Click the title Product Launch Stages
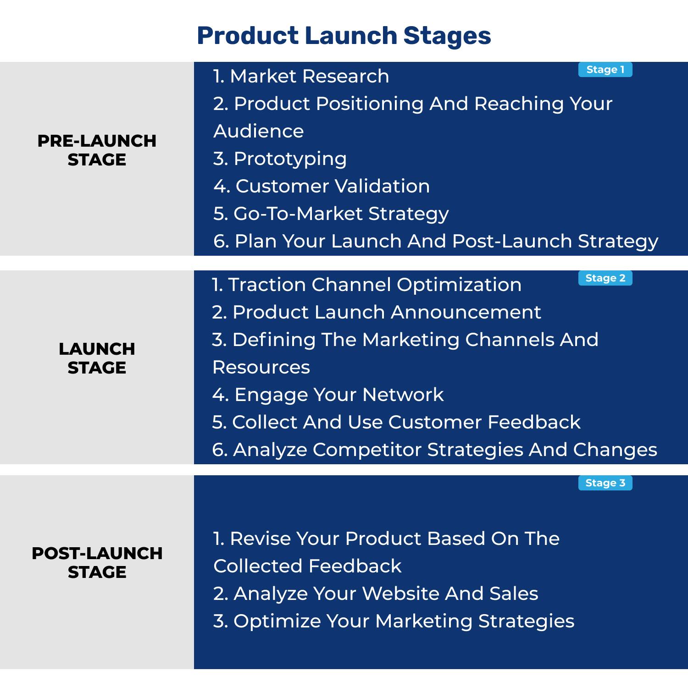pyautogui.click(x=344, y=36)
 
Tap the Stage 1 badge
pyautogui.click(x=605, y=70)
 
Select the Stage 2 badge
pyautogui.click(x=605, y=278)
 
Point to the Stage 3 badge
pyautogui.click(x=605, y=483)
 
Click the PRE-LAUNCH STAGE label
pyautogui.click(x=97, y=150)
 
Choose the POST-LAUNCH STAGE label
pyautogui.click(x=97, y=562)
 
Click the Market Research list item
pyautogui.click(x=301, y=76)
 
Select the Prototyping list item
pyautogui.click(x=280, y=159)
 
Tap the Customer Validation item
pyautogui.click(x=322, y=186)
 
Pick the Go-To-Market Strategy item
pyautogui.click(x=331, y=214)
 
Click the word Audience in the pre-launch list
pyautogui.click(x=259, y=131)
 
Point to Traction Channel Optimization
pyautogui.click(x=366, y=285)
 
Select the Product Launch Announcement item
pyautogui.click(x=377, y=312)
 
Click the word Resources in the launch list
pyautogui.click(x=261, y=367)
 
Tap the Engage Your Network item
pyautogui.click(x=328, y=395)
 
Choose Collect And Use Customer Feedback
pyautogui.click(x=396, y=422)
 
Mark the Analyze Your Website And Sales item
pyautogui.click(x=376, y=594)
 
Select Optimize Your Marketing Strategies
pyautogui.click(x=394, y=621)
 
